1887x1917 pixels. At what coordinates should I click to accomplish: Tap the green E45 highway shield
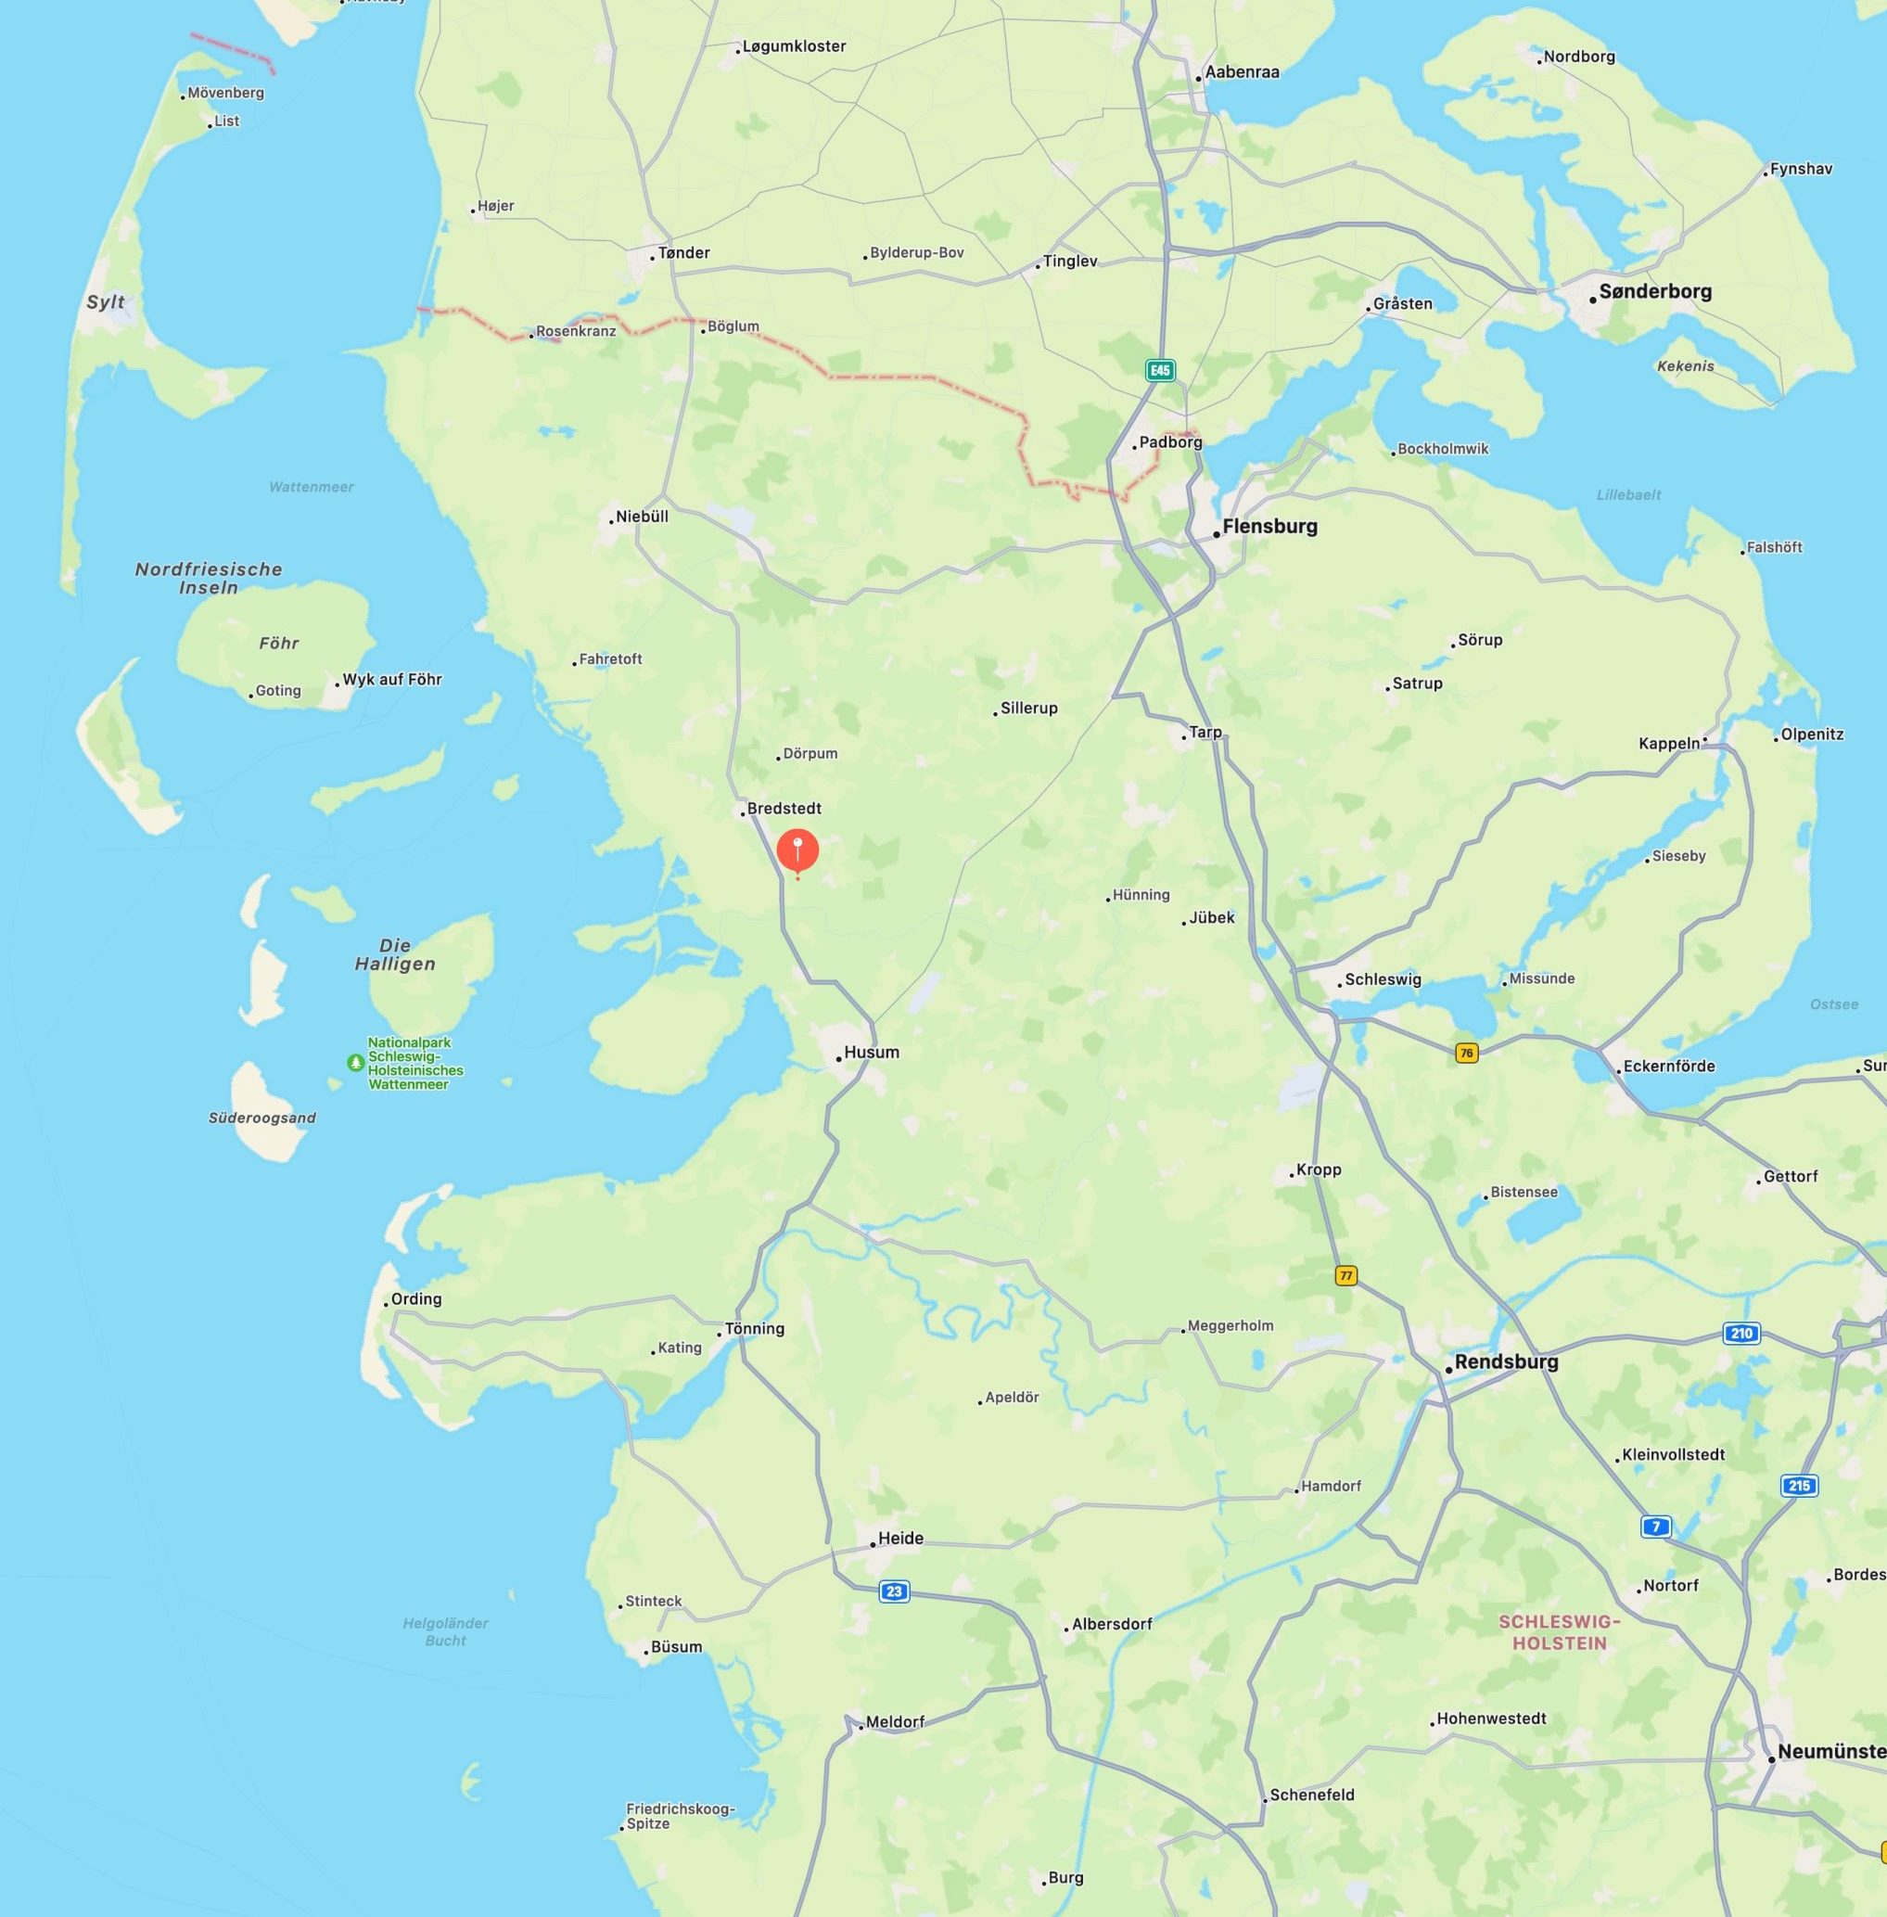(x=1159, y=371)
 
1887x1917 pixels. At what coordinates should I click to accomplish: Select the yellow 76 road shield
(x=1466, y=1053)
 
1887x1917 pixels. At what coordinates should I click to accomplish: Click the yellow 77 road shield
(x=1345, y=1276)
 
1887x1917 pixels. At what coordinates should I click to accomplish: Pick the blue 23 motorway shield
(x=894, y=1591)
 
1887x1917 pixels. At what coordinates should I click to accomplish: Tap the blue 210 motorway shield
(x=1742, y=1333)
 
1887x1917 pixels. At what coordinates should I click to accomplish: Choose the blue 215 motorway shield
(x=1799, y=1485)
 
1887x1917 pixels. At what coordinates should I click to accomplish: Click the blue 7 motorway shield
(x=1655, y=1527)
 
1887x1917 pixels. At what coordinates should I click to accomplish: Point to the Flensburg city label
(x=1269, y=527)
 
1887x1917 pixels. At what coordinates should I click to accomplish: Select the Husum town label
(x=871, y=1053)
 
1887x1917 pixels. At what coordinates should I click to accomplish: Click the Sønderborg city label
(x=1655, y=291)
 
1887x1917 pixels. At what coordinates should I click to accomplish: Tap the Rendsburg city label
(x=1506, y=1361)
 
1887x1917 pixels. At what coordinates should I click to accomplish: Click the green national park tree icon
(x=355, y=1063)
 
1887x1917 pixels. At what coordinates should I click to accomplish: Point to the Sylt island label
(x=105, y=302)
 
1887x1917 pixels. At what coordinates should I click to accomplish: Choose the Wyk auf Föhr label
(x=391, y=680)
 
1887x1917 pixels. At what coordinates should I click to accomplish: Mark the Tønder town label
(x=682, y=253)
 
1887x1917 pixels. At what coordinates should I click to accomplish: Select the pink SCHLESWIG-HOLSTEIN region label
(x=1559, y=1631)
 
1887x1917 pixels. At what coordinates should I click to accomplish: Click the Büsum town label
(x=676, y=1647)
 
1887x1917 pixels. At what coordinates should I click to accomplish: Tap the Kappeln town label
(x=1669, y=744)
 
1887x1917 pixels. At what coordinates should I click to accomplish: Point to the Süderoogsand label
(x=261, y=1118)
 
